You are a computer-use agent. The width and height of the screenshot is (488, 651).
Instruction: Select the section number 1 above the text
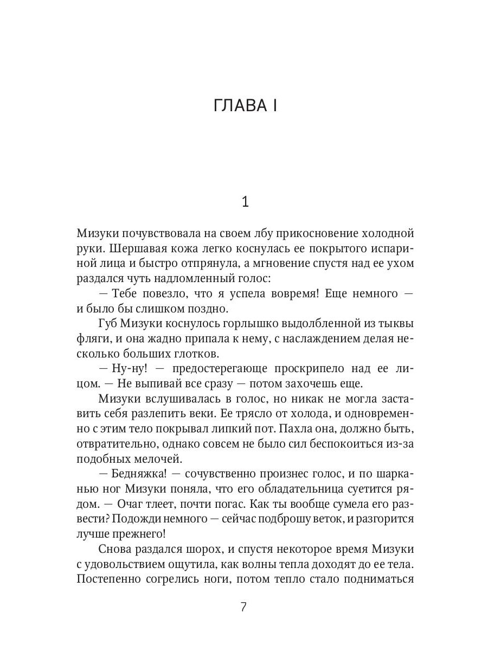pyautogui.click(x=245, y=202)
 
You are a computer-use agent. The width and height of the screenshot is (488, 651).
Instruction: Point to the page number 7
pyautogui.click(x=243, y=607)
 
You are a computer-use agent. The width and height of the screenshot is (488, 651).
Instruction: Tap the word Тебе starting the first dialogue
pyautogui.click(x=127, y=293)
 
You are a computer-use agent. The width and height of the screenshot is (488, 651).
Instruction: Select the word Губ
pyautogui.click(x=111, y=324)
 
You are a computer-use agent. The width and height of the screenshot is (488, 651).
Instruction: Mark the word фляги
pyautogui.click(x=95, y=339)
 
